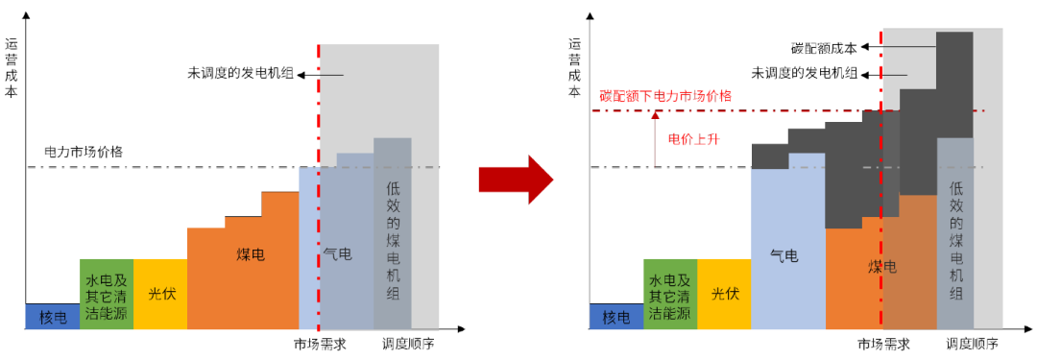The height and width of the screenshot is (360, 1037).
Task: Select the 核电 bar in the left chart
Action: (53, 317)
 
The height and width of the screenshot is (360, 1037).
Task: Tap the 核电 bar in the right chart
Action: (615, 317)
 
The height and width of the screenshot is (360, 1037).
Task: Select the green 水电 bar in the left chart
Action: (106, 295)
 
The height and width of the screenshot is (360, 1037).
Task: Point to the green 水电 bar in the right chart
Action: (670, 295)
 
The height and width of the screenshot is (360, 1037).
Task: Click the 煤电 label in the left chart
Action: (252, 254)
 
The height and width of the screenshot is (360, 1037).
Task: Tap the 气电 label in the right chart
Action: (784, 255)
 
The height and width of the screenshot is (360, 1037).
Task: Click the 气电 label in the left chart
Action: (337, 254)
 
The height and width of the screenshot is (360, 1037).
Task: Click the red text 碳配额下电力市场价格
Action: (665, 96)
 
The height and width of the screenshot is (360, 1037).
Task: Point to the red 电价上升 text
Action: (693, 138)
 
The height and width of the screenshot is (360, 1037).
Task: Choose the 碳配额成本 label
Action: (823, 46)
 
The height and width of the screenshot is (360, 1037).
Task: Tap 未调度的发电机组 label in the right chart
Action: (805, 73)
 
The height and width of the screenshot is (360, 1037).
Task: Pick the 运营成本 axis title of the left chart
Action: (12, 67)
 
